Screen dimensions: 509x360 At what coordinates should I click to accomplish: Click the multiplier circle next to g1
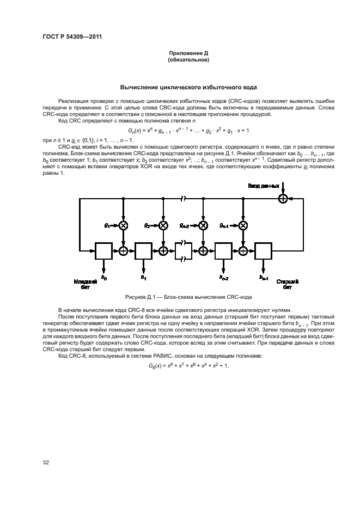[124, 225]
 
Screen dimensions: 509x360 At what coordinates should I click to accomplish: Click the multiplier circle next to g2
[163, 225]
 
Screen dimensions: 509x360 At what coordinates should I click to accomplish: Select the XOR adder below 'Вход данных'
[283, 199]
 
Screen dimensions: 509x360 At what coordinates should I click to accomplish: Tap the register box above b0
[104, 250]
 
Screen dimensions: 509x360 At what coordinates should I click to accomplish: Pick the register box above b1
[144, 250]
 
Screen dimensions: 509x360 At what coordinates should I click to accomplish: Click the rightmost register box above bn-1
[264, 250]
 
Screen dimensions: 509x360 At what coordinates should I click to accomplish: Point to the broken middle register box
[184, 250]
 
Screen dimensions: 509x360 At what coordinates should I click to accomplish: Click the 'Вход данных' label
[264, 186]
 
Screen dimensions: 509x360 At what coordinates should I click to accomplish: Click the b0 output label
[105, 279]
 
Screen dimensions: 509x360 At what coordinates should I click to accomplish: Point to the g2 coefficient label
[147, 225]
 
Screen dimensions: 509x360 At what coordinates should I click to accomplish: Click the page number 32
[46, 463]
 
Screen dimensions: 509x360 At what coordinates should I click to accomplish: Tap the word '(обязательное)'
[188, 60]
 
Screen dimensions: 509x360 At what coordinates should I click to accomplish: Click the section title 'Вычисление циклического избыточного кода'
[188, 87]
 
